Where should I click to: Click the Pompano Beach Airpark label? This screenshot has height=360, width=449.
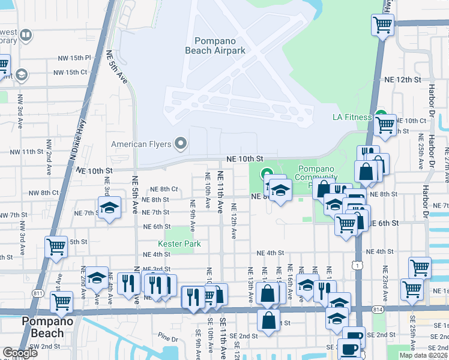coord(220,46)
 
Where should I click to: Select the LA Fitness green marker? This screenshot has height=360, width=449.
coord(381,116)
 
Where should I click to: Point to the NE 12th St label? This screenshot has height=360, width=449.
coord(403,79)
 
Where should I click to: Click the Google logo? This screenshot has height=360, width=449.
coord(20,353)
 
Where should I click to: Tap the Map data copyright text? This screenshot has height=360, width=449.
coord(423,355)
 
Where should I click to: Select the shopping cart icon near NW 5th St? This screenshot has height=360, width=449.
coord(56,247)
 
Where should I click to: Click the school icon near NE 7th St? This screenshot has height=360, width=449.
coord(109,208)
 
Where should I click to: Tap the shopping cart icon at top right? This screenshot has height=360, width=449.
coord(382,25)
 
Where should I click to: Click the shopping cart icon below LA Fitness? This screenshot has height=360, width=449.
coord(385,125)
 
